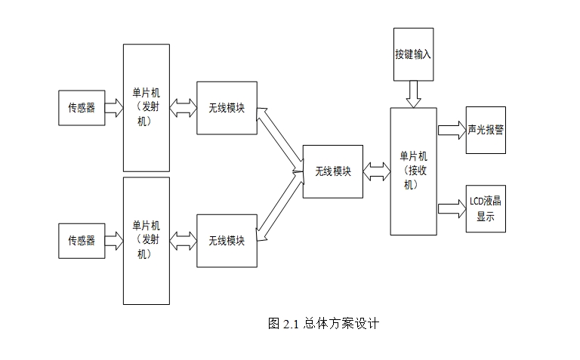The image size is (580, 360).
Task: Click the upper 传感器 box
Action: pyautogui.click(x=82, y=108)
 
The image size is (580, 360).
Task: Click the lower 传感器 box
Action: pyautogui.click(x=82, y=241)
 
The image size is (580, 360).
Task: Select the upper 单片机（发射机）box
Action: pyautogui.click(x=147, y=108)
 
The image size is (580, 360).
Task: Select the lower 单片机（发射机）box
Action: pyautogui.click(x=147, y=240)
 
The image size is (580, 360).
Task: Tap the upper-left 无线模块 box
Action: pyautogui.click(x=227, y=108)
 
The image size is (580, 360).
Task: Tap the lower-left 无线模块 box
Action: pyautogui.click(x=227, y=241)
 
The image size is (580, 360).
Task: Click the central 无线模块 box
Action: pyautogui.click(x=333, y=171)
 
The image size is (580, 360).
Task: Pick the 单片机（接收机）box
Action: pyautogui.click(x=413, y=171)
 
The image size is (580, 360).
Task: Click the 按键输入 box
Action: pyautogui.click(x=414, y=54)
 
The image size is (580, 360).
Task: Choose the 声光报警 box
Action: pyautogui.click(x=486, y=130)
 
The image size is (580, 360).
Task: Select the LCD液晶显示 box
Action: pyautogui.click(x=486, y=208)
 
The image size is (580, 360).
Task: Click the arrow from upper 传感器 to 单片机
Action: pyautogui.click(x=114, y=108)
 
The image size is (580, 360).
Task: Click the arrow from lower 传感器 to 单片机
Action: pyautogui.click(x=114, y=241)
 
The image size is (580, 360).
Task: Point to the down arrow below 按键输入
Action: pyautogui.click(x=414, y=94)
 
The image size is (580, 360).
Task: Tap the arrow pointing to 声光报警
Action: pyautogui.click(x=451, y=130)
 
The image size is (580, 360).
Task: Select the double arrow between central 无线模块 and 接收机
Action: pyautogui.click(x=376, y=171)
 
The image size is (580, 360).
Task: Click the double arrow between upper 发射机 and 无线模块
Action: pyautogui.click(x=183, y=108)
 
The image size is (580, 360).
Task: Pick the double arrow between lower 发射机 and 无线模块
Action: pyautogui.click(x=183, y=241)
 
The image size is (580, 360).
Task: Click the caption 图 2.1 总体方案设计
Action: pyautogui.click(x=323, y=324)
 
